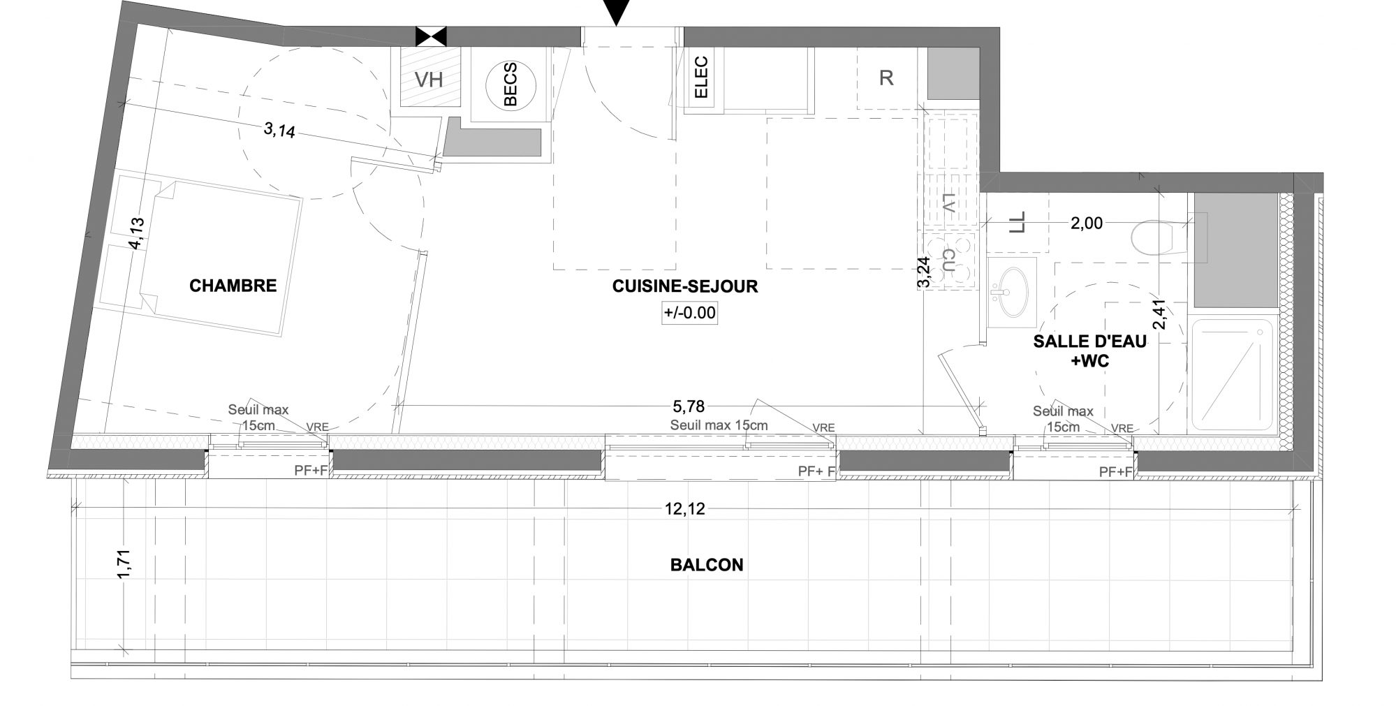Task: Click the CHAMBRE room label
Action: [233, 286]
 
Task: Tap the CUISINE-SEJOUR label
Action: [685, 286]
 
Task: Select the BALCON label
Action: [707, 565]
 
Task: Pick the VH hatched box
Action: [429, 76]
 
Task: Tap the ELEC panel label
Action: [702, 77]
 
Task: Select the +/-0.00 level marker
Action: [690, 313]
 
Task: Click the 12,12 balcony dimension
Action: [684, 509]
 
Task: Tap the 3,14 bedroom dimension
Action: [279, 130]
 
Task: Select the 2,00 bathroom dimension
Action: [1087, 223]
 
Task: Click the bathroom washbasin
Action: [1011, 291]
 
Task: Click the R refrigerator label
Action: [886, 78]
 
